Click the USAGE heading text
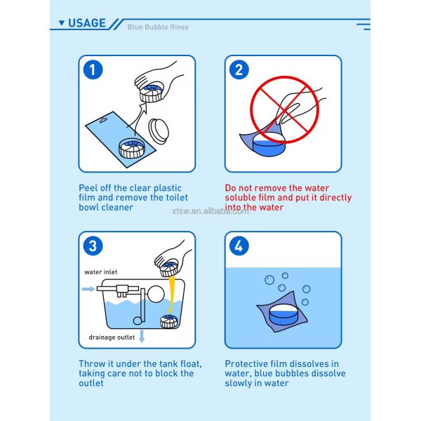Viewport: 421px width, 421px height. click(x=87, y=23)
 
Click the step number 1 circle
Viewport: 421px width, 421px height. click(x=93, y=69)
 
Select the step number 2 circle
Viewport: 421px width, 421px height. click(x=239, y=69)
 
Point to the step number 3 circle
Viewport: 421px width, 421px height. click(x=93, y=246)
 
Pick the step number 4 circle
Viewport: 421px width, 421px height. click(x=239, y=246)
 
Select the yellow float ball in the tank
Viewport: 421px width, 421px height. click(x=173, y=292)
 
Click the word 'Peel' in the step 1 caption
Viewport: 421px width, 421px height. click(x=88, y=189)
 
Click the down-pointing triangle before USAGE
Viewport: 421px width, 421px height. click(x=62, y=23)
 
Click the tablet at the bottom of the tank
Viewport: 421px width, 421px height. click(x=168, y=321)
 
